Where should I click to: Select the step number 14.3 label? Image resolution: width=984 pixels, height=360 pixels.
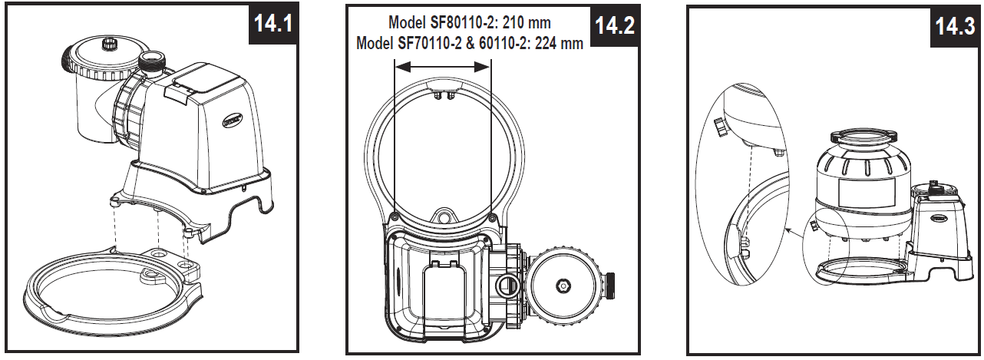pos(955,28)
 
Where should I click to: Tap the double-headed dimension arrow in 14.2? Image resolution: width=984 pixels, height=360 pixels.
pos(442,68)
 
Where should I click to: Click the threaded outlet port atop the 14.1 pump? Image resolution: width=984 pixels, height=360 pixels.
pos(152,60)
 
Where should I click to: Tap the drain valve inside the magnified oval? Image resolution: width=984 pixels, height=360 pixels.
pos(721,127)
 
